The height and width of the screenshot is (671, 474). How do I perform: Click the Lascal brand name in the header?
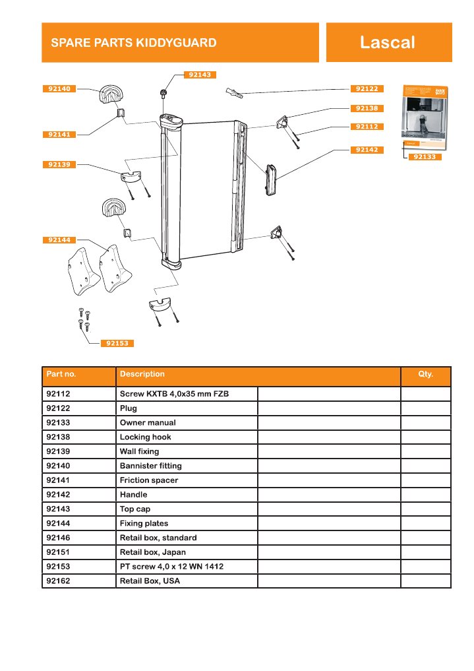click(387, 43)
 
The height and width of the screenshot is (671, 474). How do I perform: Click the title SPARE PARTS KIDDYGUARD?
click(134, 43)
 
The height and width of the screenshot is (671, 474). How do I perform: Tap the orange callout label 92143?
click(199, 75)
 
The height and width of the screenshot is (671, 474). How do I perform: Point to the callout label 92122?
click(367, 88)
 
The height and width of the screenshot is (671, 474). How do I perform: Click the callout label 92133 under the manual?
click(423, 157)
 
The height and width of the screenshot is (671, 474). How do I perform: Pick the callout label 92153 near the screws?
click(117, 343)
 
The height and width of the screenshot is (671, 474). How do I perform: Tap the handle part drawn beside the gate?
click(270, 180)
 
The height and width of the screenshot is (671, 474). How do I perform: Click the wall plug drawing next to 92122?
click(235, 92)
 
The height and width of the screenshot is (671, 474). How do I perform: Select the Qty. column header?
click(425, 374)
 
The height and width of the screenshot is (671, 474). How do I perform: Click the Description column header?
click(142, 374)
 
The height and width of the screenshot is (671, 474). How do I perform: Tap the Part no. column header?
click(61, 374)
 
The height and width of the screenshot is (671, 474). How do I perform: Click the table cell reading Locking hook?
click(145, 437)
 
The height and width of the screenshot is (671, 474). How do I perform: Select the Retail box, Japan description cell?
click(153, 552)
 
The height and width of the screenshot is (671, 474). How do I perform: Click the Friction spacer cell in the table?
click(149, 480)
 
